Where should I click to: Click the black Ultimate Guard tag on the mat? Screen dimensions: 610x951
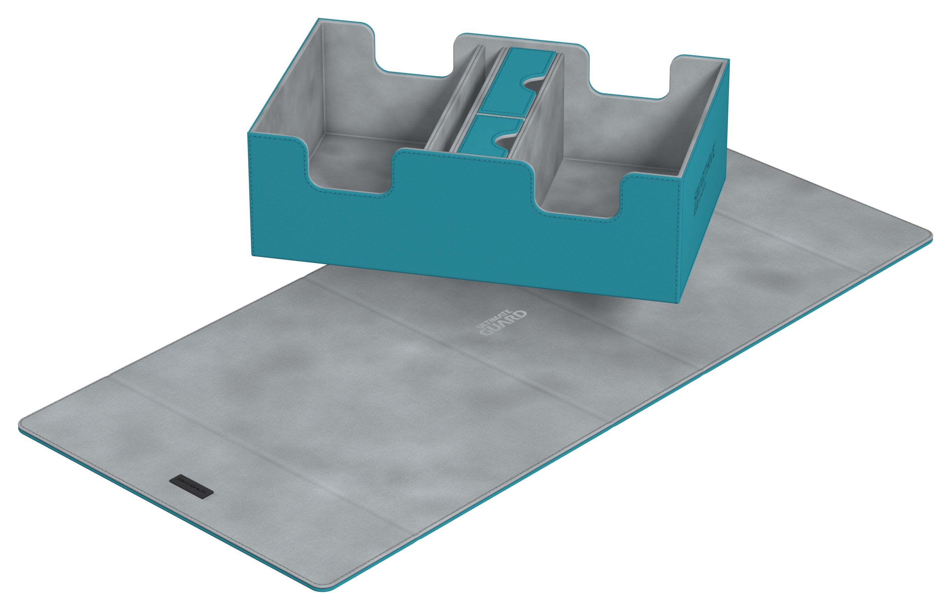tap(191, 486)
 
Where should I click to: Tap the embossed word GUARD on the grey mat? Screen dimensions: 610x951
tap(503, 324)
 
